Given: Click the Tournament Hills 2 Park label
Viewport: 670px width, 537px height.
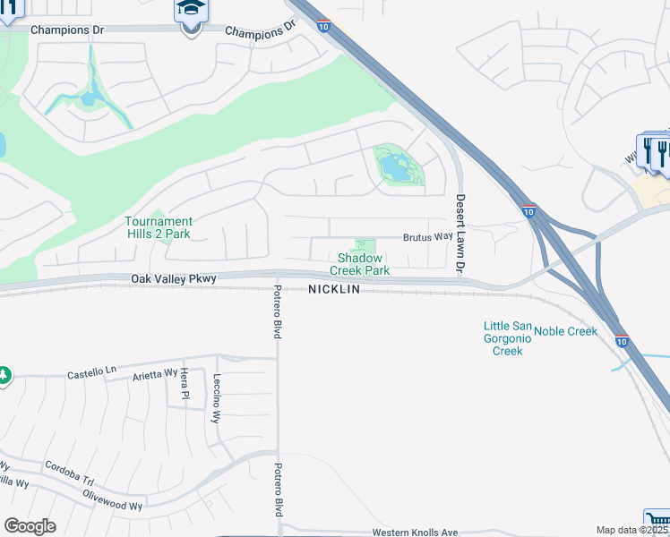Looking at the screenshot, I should coord(158,227).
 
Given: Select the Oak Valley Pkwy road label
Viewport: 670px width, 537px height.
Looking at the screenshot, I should coord(174,279).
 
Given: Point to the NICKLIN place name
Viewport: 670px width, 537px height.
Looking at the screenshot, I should coord(334,290).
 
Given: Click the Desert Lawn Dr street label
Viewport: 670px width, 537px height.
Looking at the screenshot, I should coord(460,234).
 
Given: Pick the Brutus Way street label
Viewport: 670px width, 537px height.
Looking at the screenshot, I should coord(427,237).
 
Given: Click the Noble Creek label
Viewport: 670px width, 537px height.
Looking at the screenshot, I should coord(565,331).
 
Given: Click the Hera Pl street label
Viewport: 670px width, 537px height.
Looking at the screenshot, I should coord(185,383).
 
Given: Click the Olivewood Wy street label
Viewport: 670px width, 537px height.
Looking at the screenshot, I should coord(112,499).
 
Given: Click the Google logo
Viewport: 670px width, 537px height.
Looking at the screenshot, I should coord(30,526).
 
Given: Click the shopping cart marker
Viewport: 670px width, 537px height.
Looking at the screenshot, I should coord(657,522).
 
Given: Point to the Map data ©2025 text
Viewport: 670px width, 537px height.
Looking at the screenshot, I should coord(631,530).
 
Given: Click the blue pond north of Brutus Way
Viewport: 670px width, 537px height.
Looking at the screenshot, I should coord(395,166).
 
